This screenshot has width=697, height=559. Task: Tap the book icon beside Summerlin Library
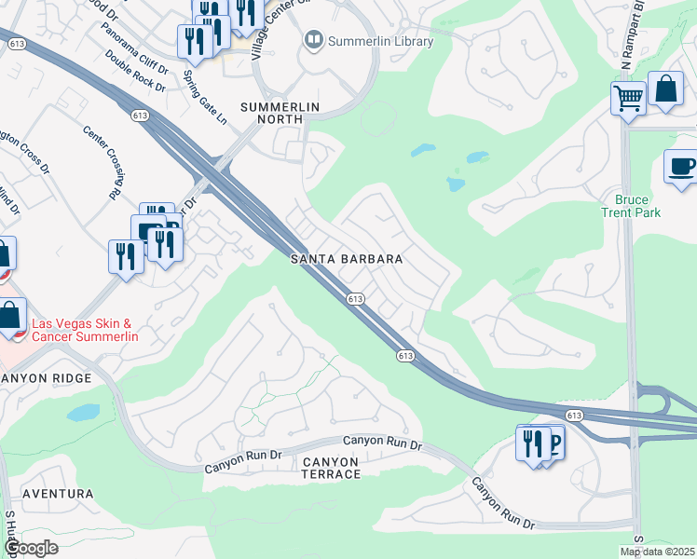313,40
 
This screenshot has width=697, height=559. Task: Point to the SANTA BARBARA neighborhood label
346,259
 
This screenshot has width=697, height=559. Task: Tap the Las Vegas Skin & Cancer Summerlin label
82,330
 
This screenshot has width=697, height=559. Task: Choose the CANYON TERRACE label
331,468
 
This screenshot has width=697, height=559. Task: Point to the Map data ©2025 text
658,552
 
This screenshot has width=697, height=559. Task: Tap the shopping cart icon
629,97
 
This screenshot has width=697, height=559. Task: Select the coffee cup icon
681,167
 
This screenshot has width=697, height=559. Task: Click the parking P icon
553,443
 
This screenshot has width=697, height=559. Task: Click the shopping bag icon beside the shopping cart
666,91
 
